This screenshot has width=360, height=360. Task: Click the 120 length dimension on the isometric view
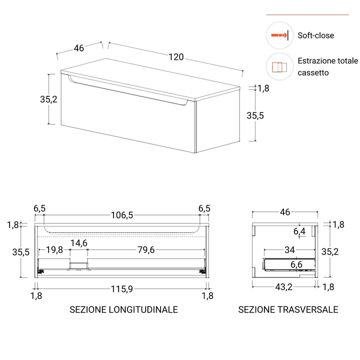176,57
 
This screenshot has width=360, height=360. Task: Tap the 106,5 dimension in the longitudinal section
122,215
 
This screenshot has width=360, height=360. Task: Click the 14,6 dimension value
78,243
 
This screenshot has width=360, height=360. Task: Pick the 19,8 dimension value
54,250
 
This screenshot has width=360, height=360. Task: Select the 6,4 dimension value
299,231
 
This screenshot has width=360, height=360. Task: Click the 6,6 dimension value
296,264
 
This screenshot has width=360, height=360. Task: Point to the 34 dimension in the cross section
289,249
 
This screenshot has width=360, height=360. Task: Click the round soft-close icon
279,35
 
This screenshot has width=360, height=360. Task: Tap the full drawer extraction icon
279,66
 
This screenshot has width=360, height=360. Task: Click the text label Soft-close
315,35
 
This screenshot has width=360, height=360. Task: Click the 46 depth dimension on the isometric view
78,48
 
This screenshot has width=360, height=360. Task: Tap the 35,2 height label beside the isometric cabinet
49,99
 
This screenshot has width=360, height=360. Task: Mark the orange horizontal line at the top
307,14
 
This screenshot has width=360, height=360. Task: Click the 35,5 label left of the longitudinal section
21,252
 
